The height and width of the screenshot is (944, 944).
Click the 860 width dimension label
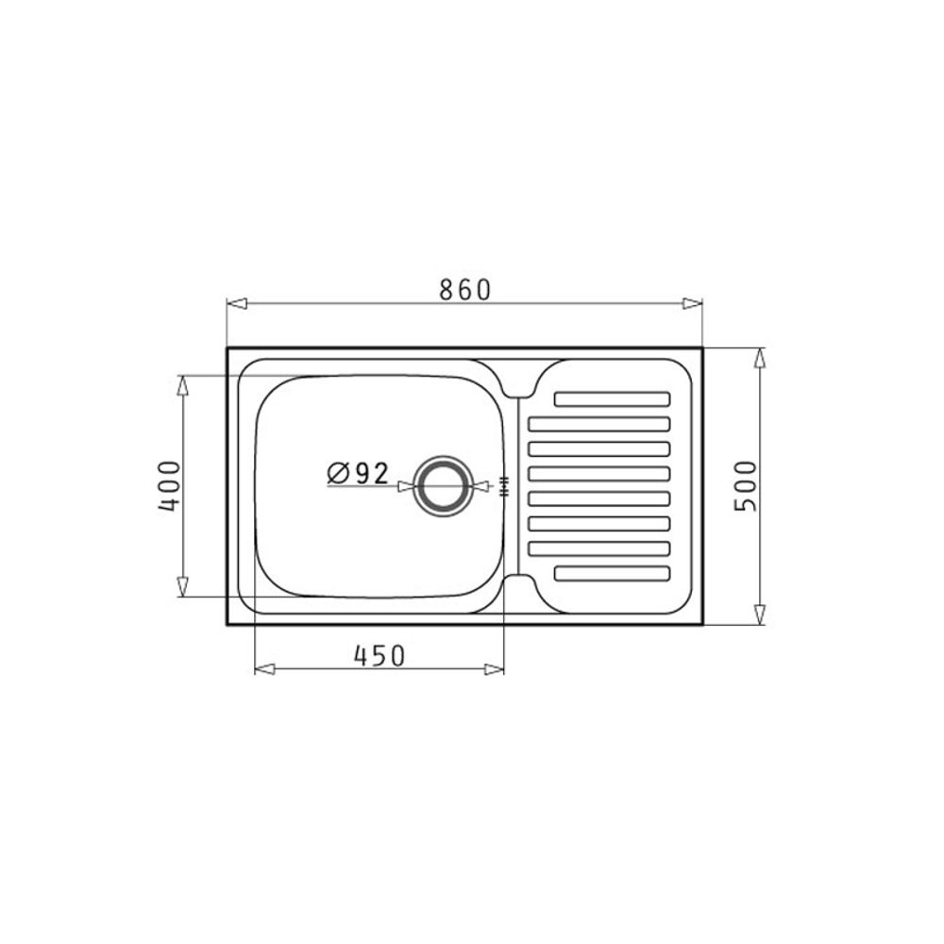coord(464,290)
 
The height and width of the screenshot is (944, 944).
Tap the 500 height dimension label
coord(745,486)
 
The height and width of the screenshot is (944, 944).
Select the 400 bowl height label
coord(169,486)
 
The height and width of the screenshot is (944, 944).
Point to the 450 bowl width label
coord(379,656)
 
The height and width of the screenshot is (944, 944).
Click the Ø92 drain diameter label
coord(358,474)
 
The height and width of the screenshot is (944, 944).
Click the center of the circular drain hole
coord(445,486)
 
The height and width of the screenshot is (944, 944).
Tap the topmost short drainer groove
coord(612,399)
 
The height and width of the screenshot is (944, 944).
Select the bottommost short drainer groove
coord(612,573)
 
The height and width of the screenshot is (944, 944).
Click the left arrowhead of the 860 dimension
coord(237,303)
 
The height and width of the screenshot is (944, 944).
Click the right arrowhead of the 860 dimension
coord(692,303)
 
